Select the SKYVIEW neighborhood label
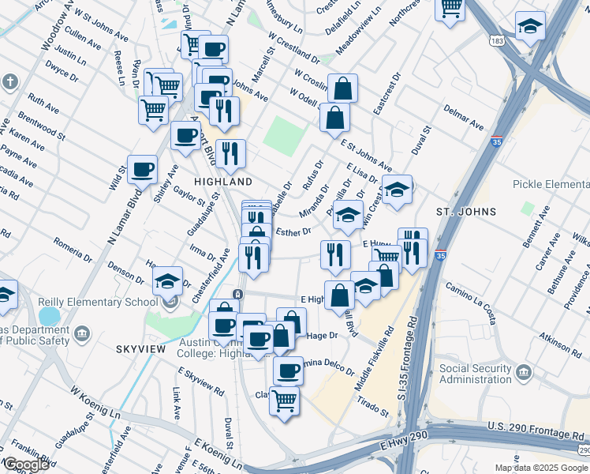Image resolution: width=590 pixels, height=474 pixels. pyautogui.click(x=139, y=348)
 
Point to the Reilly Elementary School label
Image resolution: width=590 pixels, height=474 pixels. pyautogui.click(x=98, y=303)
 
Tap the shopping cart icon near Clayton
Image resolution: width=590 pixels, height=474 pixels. pyautogui.click(x=284, y=401)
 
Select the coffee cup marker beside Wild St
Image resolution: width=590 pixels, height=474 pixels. pyautogui.click(x=142, y=168)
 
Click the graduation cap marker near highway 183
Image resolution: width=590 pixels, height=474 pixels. pyautogui.click(x=530, y=25)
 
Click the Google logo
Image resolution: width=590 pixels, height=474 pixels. pyautogui.click(x=26, y=465)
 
